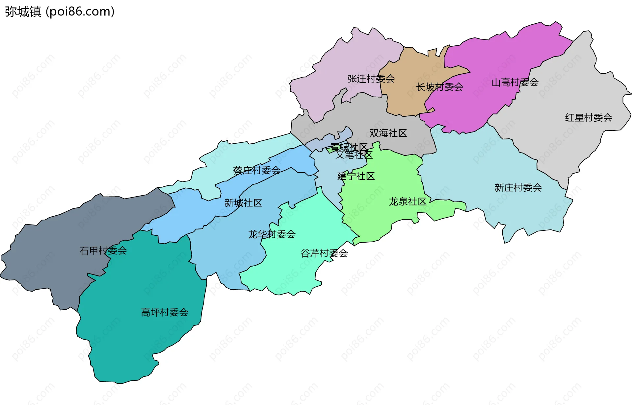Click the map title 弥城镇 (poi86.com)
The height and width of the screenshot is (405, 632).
coord(60,12)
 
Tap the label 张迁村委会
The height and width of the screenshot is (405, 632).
coord(371,79)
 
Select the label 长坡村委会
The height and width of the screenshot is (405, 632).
coord(439,87)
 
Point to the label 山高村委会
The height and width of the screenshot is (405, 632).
coord(515,83)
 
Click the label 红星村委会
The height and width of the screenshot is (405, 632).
coord(589,118)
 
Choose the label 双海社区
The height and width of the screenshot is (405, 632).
coord(388,133)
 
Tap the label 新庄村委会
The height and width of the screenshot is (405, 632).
coord(518,188)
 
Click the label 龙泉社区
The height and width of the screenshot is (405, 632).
coord(408,202)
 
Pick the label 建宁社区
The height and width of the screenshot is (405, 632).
coord(356,176)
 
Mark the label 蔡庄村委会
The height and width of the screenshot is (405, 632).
coord(256,170)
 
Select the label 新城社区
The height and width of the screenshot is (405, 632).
coord(243,203)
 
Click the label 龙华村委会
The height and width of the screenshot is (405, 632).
coord(272,234)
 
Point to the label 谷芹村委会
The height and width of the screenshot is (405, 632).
coord(324,253)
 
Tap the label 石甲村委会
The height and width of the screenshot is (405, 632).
coord(103,251)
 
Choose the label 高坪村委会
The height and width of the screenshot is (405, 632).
coord(164,312)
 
